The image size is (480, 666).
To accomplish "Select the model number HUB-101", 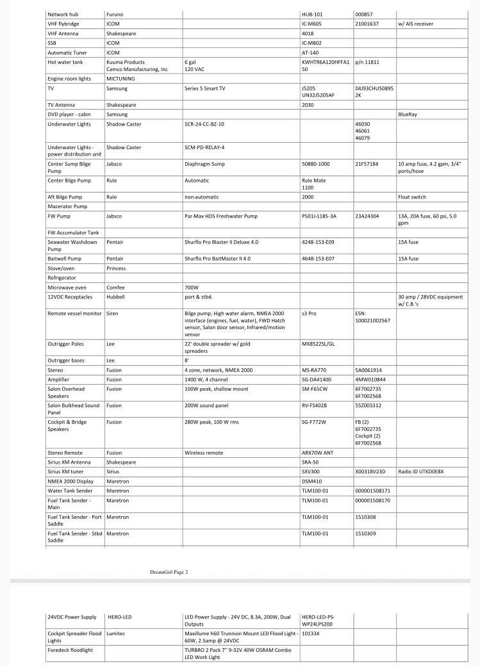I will click(x=312, y=13).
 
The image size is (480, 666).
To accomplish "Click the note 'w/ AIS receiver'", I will click(x=415, y=24).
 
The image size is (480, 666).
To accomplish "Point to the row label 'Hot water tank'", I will click(x=65, y=62).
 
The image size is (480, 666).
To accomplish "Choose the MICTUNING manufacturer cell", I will click(x=121, y=78).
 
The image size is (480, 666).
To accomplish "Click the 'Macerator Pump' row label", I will click(x=67, y=206).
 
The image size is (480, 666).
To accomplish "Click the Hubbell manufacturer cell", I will click(x=115, y=297).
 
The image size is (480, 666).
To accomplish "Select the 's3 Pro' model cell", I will click(x=309, y=313).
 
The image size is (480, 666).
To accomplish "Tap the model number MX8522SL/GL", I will click(x=319, y=344).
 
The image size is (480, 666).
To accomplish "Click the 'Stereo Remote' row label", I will click(x=65, y=452).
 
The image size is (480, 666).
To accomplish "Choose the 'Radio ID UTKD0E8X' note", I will click(x=420, y=471).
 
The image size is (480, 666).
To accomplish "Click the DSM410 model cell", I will click(x=312, y=481).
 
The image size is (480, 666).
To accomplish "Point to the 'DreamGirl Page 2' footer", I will click(x=169, y=572).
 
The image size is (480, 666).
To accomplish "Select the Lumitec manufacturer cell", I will click(x=115, y=633).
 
